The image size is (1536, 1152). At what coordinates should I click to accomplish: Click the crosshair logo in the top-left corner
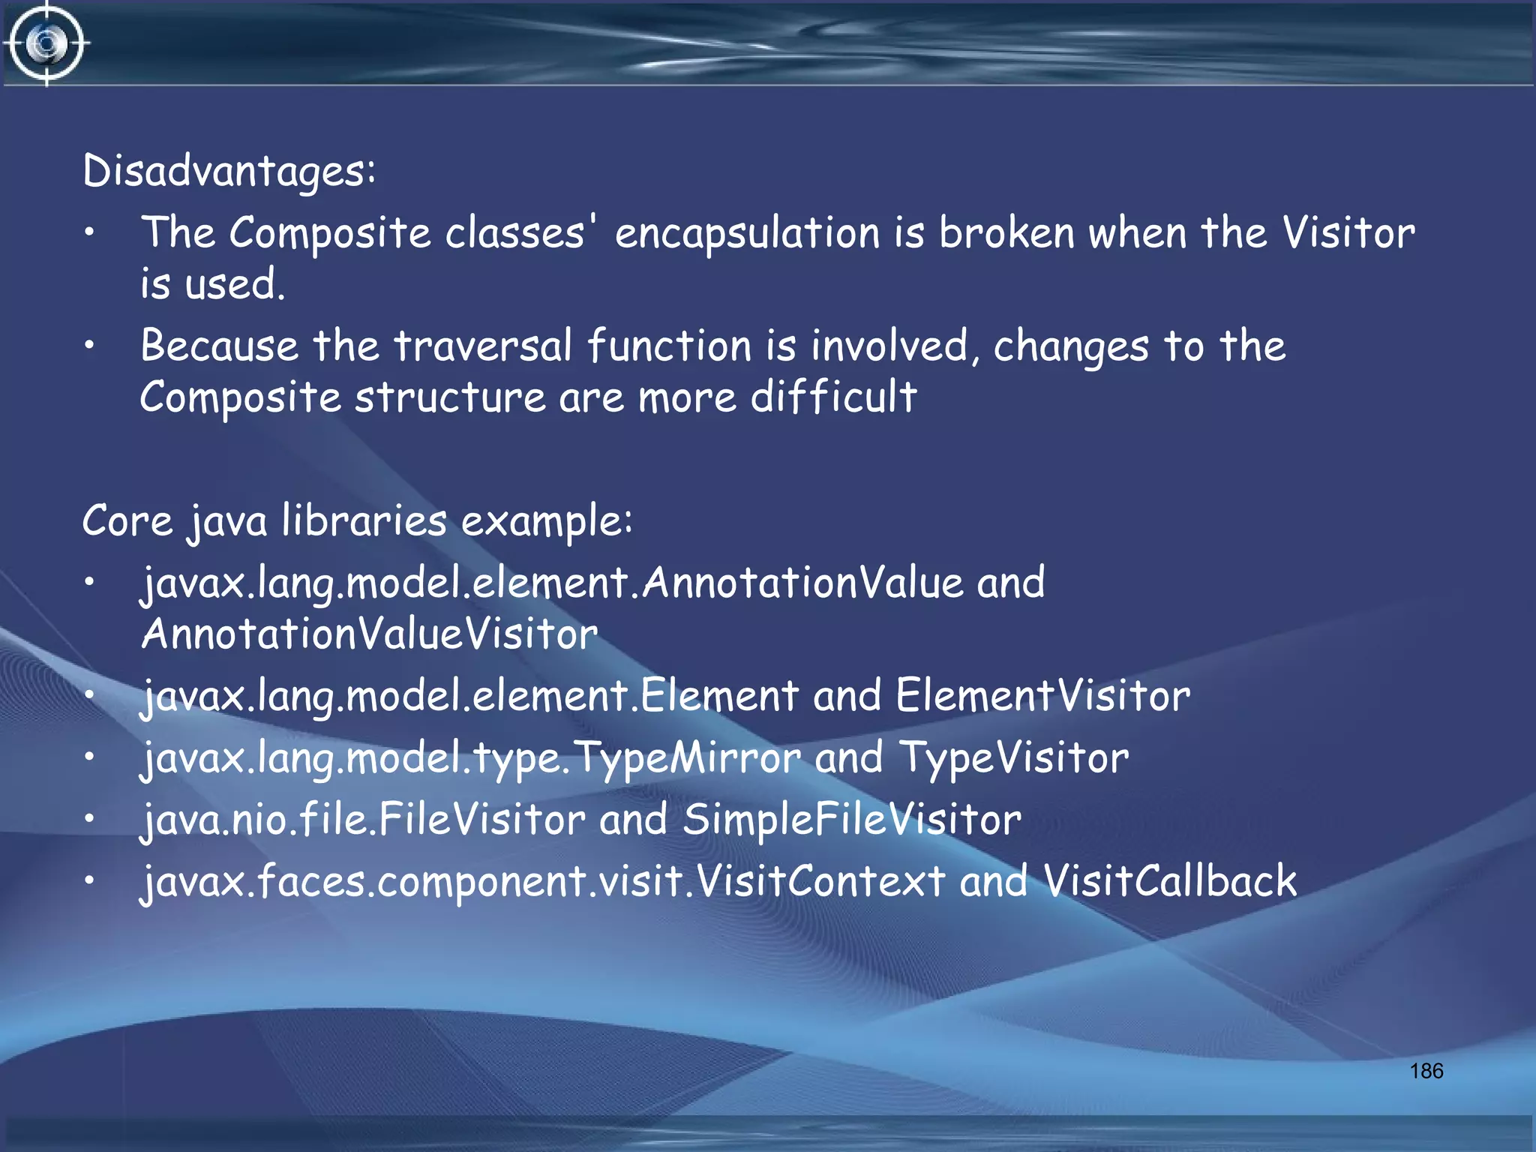(46, 43)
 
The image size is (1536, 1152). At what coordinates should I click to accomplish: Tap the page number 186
(1426, 1071)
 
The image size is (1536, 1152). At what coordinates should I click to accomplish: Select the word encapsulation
(747, 233)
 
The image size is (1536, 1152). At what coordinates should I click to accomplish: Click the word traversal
(483, 346)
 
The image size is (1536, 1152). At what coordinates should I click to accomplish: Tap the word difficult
(833, 397)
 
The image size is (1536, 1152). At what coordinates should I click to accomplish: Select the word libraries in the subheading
(364, 520)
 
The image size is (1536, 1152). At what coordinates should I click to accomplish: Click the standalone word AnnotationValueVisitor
(369, 634)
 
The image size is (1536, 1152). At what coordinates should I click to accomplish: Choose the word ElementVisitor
(1042, 695)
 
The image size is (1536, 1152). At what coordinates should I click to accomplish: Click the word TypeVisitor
(1013, 757)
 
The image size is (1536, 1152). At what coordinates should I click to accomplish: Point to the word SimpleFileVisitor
(852, 819)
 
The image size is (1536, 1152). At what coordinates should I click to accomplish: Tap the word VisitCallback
(1170, 880)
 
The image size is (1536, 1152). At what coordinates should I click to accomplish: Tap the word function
(669, 346)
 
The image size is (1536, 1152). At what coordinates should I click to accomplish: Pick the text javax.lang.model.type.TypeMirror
(472, 757)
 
